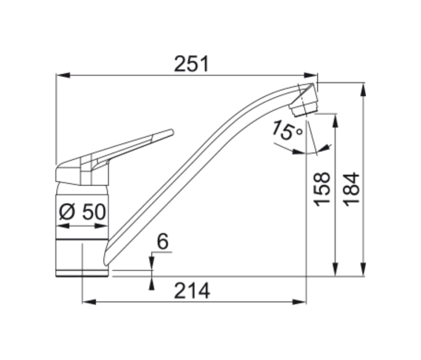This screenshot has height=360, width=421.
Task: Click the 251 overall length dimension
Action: point(191,64)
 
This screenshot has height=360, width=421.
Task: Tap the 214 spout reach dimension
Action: point(192,291)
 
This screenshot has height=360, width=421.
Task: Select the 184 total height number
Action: point(351,189)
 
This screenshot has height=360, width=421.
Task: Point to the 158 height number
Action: point(322,189)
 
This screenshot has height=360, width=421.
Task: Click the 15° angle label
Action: point(287,130)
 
